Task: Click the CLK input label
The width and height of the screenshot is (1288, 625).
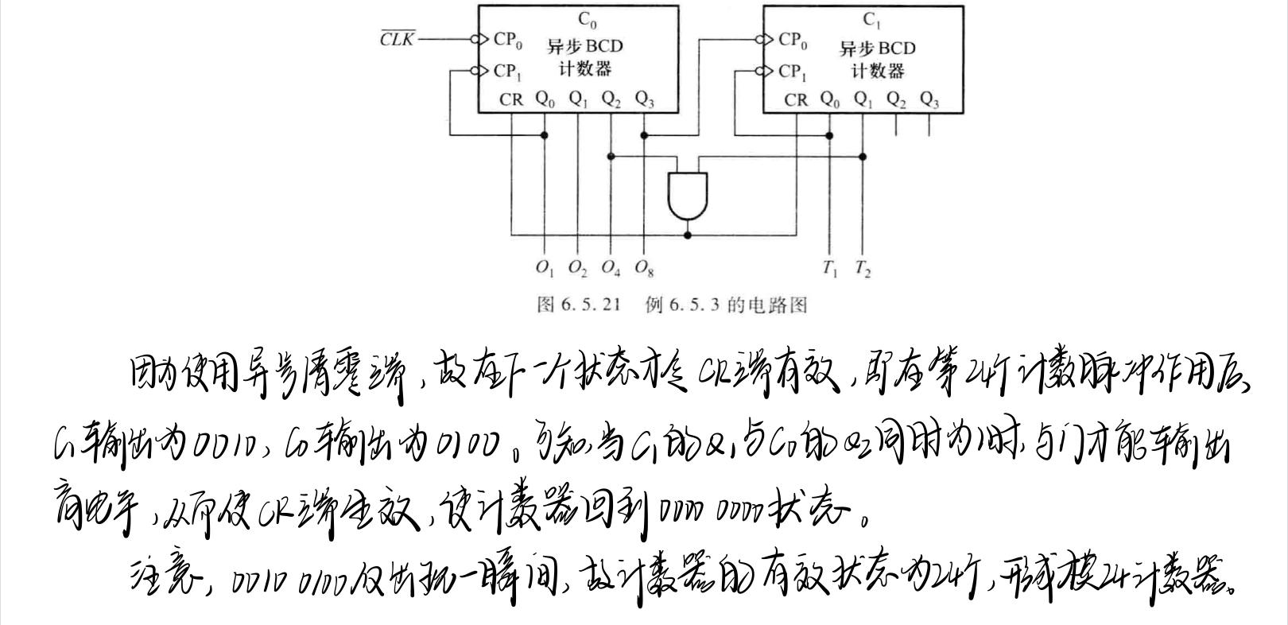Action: point(397,39)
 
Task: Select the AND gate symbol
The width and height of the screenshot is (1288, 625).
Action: point(688,196)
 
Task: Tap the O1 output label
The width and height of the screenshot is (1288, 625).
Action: point(545,268)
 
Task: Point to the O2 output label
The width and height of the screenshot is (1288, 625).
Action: point(578,269)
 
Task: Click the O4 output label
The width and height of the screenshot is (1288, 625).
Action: point(611,268)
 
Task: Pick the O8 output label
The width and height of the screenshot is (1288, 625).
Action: point(644,269)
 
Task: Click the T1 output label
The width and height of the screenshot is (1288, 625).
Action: point(830,269)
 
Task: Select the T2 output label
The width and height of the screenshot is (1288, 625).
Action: point(863,269)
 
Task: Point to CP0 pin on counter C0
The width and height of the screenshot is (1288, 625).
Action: point(507,39)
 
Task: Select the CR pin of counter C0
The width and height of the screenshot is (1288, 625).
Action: point(511,99)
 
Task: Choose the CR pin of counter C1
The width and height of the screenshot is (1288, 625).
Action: point(796,100)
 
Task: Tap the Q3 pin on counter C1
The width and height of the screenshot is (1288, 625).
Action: point(929,100)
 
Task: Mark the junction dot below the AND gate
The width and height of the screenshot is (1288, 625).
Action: point(688,235)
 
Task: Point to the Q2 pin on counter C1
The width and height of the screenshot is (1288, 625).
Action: point(896,100)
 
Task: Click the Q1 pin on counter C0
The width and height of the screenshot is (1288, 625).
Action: point(578,99)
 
